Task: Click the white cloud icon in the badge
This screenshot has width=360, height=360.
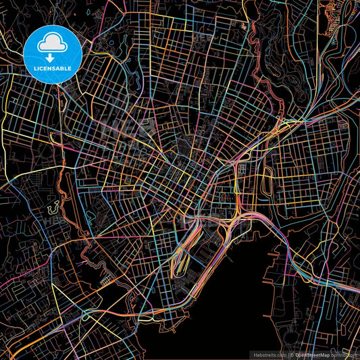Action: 52,43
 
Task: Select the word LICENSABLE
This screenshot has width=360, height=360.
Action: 52,68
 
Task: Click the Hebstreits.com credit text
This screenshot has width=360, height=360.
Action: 268,355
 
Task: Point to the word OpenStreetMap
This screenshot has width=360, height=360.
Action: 311,355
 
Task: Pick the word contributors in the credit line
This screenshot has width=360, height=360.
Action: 343,355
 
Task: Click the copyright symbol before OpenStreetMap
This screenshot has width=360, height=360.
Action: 292,355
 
